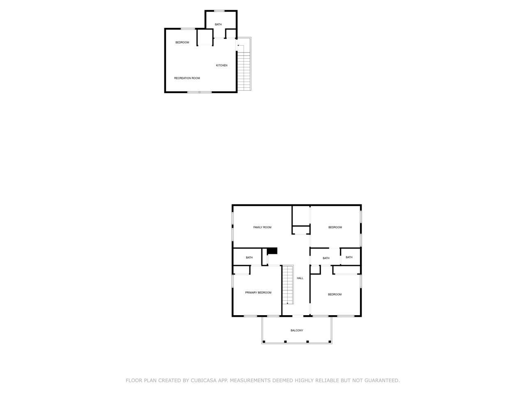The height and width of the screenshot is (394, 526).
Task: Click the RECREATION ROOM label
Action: point(187,78)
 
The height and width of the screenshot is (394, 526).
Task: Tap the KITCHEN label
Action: point(221,65)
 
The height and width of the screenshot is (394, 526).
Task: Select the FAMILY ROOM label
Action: point(262,227)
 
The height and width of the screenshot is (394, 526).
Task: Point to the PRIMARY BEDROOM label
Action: point(258,293)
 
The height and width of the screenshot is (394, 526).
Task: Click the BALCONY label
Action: point(297,330)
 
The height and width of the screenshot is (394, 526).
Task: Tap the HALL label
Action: point(300,278)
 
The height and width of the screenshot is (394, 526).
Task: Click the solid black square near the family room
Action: point(272,251)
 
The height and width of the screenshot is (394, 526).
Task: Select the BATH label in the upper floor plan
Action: point(218,25)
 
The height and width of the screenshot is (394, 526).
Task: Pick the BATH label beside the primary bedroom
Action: point(249,258)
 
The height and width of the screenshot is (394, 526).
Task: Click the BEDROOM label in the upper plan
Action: point(182,42)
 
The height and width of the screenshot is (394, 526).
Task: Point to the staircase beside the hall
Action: point(287,284)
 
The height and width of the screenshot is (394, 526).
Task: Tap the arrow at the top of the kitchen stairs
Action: point(239,45)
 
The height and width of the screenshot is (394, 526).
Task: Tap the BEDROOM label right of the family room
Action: point(335,227)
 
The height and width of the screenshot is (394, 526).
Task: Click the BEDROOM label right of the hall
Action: point(335,294)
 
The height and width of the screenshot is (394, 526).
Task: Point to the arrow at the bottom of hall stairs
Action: point(287,303)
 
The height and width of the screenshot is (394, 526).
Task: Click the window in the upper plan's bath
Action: point(219,11)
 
